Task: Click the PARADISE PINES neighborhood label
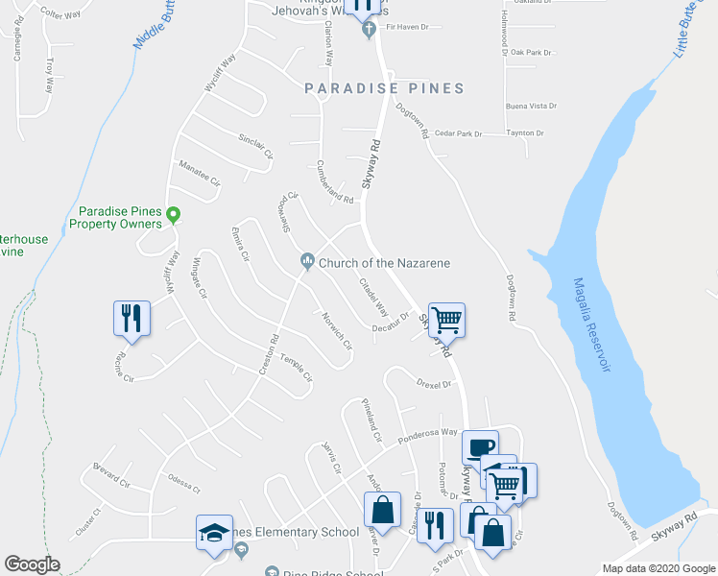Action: pos(384,88)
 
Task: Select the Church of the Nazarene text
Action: pos(384,263)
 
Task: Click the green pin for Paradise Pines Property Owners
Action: pos(173,214)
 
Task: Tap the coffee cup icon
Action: pos(480,446)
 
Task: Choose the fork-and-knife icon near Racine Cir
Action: pos(132,318)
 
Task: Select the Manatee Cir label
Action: pos(200,173)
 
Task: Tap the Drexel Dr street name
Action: pos(434,384)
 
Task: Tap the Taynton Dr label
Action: pos(526,133)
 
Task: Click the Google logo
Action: pos(32,564)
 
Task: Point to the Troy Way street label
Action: pos(49,75)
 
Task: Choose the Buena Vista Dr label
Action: pos(531,107)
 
